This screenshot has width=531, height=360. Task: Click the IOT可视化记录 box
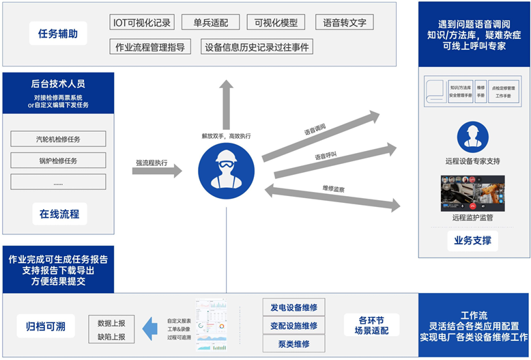coord(142,23)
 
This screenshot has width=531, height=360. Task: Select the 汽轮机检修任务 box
coord(58,139)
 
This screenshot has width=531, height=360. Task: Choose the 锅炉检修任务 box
coord(58,161)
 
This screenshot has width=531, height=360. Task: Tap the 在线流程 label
coord(59,214)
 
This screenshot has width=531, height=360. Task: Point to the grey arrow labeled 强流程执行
coord(157,171)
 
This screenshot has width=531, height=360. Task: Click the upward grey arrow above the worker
coord(226,102)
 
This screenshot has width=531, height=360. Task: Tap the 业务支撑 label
coord(473,240)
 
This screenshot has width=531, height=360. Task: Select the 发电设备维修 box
coord(293,307)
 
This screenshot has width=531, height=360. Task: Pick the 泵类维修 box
coord(293,344)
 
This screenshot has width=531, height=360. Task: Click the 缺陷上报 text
coord(111,337)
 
